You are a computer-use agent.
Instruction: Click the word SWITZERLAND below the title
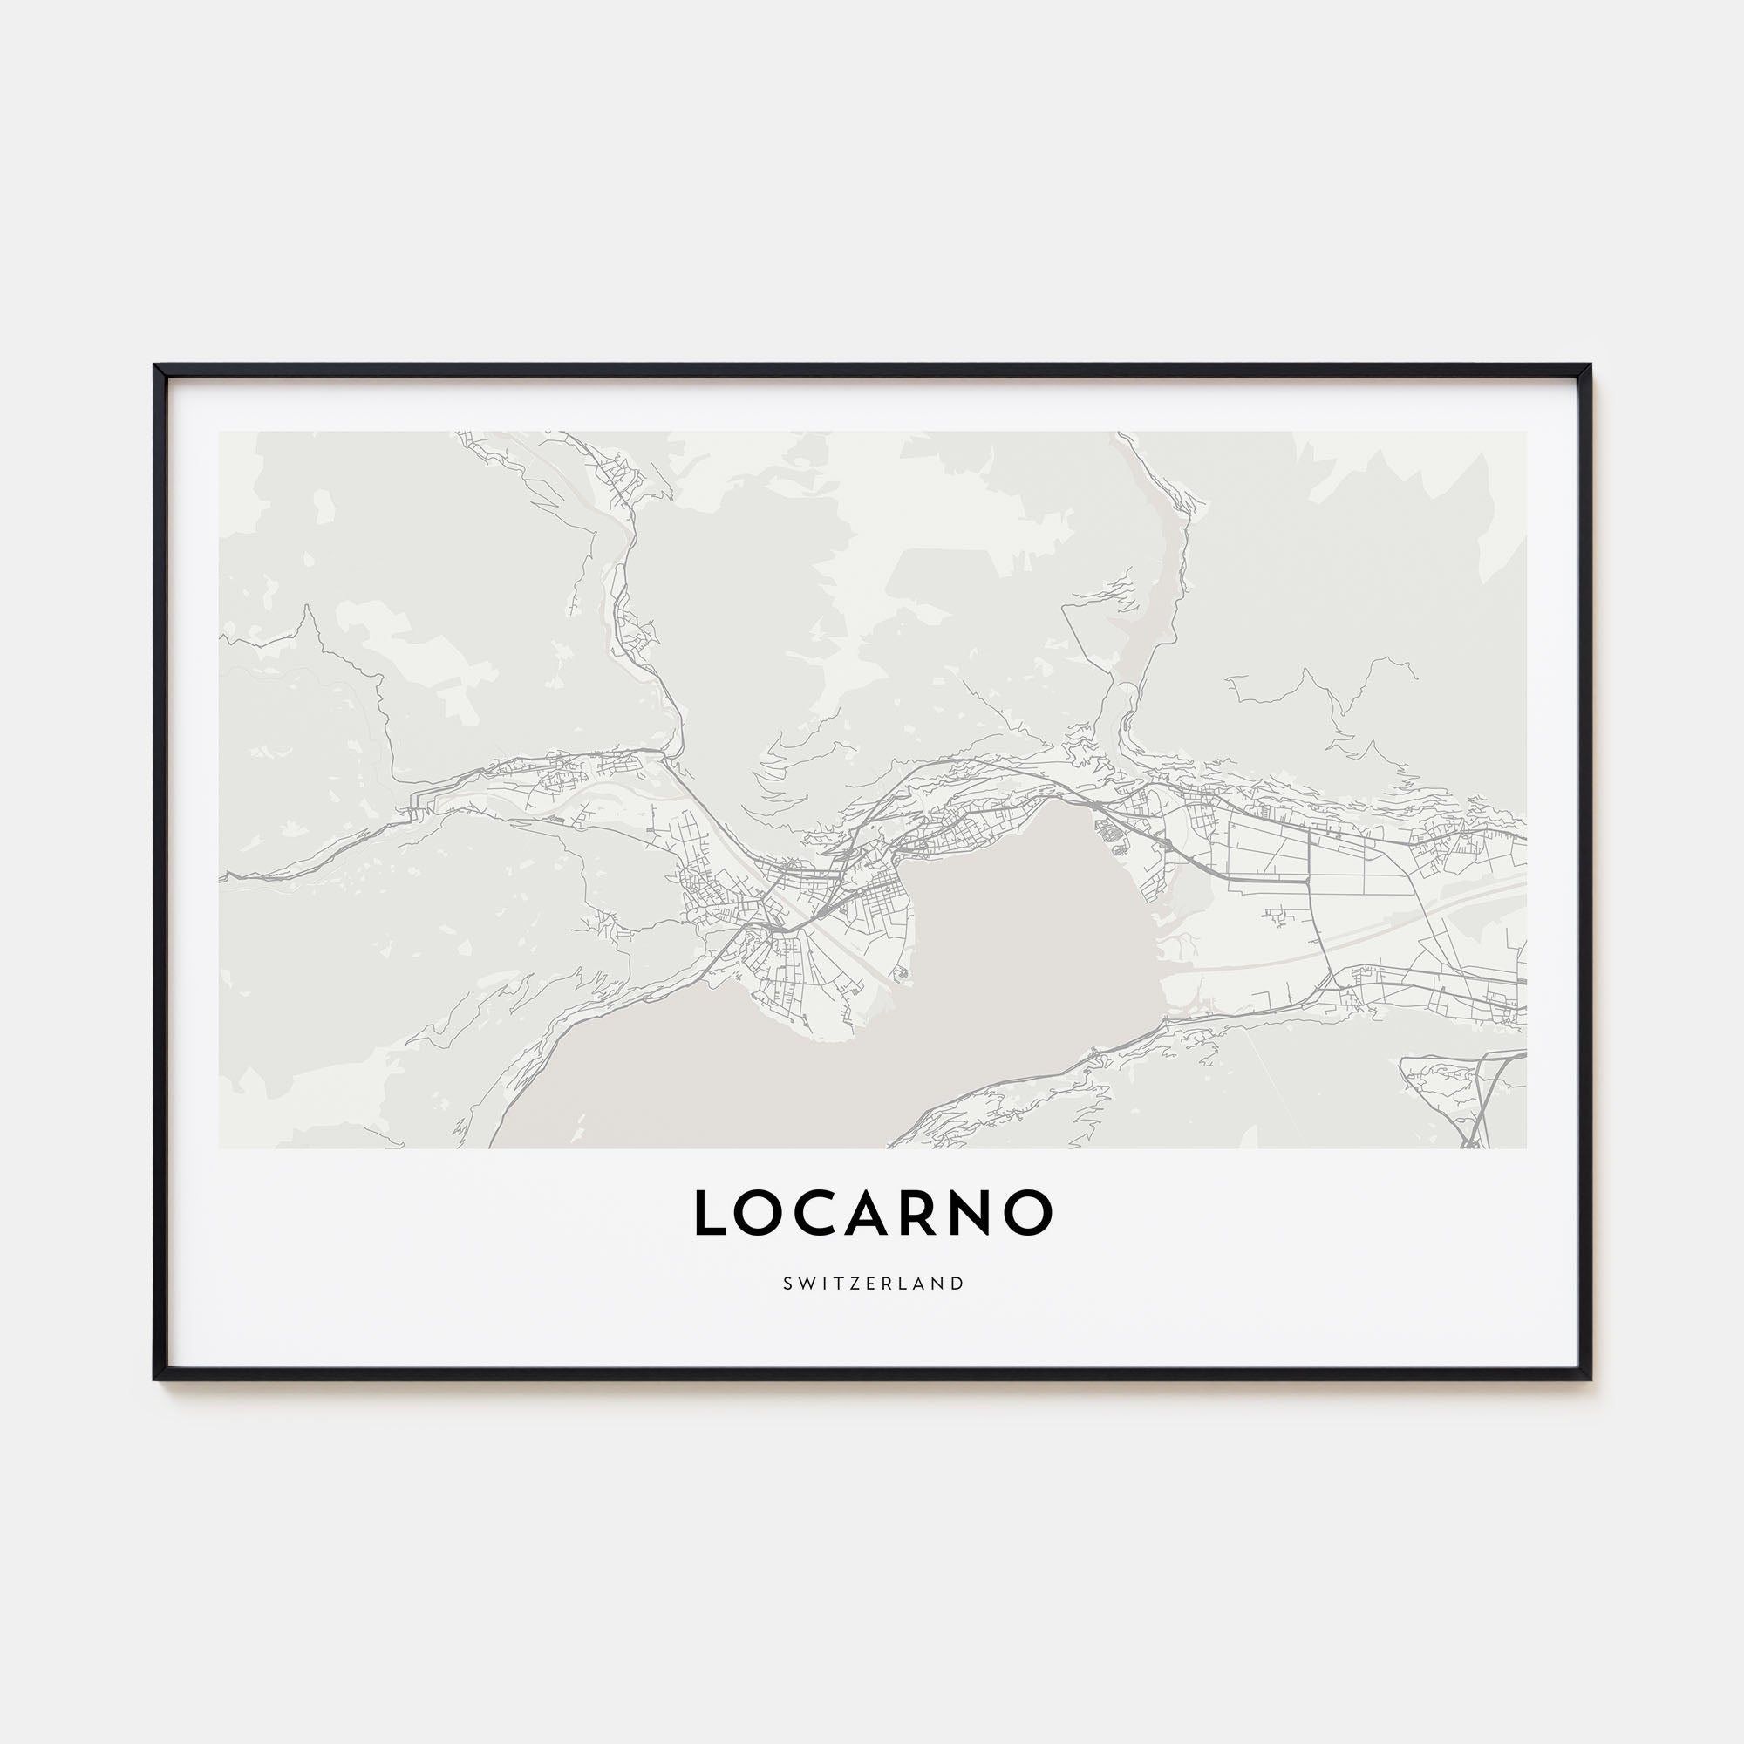[872, 1284]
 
